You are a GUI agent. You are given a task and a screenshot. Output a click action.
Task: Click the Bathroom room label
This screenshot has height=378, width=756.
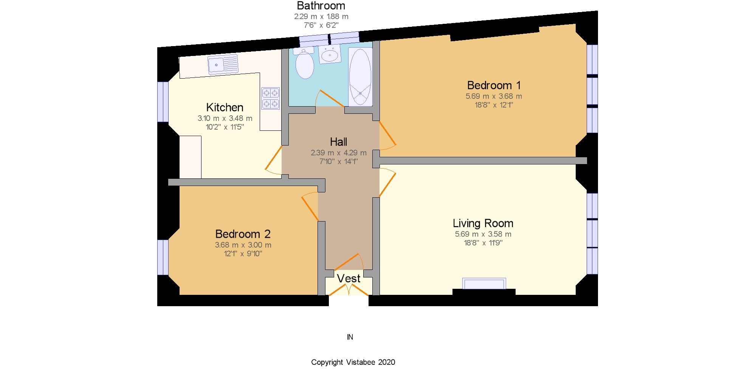(x=321, y=6)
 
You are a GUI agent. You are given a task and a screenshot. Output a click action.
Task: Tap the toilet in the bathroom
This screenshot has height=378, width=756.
(x=305, y=64)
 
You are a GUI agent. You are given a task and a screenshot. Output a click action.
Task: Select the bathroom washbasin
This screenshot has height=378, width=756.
(x=330, y=55)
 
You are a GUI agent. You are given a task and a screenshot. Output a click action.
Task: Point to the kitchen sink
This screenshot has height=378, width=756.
(x=223, y=64)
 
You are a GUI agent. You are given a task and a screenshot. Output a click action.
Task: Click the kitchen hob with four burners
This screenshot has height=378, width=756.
(x=270, y=98)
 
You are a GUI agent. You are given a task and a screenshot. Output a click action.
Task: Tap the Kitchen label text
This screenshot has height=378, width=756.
(x=225, y=107)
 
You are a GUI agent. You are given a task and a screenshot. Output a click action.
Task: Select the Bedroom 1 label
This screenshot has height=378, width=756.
(x=494, y=85)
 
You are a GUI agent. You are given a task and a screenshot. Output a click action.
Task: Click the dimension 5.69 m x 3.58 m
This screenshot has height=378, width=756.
(x=483, y=234)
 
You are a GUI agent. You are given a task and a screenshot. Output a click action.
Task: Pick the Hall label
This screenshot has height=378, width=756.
(x=338, y=142)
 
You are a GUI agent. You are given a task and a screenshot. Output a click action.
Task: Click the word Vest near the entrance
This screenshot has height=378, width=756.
(x=349, y=279)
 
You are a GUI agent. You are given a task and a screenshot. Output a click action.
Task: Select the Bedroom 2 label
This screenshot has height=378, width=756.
(x=243, y=234)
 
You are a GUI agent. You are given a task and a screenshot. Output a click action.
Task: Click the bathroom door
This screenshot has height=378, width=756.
(x=331, y=98)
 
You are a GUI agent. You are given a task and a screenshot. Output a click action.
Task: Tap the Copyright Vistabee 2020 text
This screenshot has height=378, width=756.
(x=353, y=362)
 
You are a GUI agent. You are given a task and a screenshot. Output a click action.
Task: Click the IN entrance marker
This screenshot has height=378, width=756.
(x=350, y=337)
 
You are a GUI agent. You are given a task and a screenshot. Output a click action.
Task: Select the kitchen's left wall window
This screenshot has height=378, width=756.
(x=163, y=102)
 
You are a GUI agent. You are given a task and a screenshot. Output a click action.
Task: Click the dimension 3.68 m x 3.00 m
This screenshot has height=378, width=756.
(x=243, y=245)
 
